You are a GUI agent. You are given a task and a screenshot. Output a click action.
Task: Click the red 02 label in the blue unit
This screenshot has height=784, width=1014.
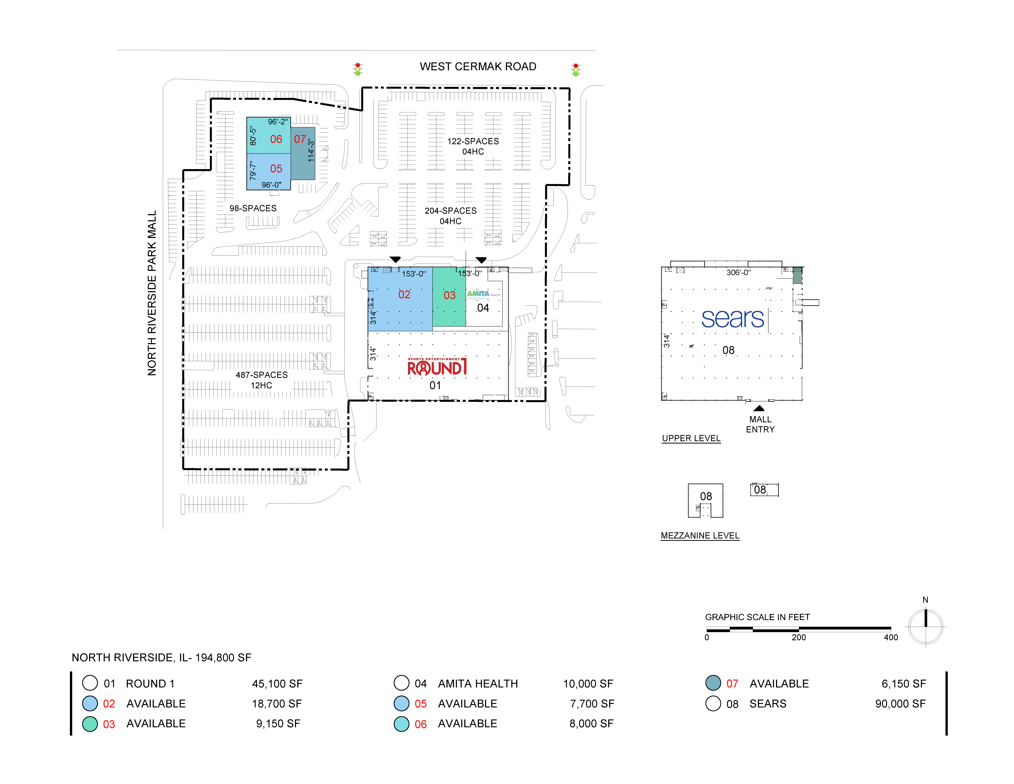[404, 295]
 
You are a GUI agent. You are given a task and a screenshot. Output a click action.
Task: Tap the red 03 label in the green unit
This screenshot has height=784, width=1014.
[449, 295]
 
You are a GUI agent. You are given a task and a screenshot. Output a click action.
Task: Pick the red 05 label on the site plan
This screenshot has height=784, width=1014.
[276, 169]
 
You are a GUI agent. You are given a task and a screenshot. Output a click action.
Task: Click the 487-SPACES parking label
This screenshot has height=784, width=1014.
[261, 375]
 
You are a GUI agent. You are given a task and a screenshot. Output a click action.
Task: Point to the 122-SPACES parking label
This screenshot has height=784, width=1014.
[473, 141]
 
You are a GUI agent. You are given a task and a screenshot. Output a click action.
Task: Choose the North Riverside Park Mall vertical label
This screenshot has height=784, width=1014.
[152, 293]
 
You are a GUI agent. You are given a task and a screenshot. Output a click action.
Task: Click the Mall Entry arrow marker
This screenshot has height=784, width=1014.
[759, 408]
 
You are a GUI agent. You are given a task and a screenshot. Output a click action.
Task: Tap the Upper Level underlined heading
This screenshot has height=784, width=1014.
[691, 438]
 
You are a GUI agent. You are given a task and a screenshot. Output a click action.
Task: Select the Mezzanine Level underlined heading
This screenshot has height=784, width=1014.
[700, 536]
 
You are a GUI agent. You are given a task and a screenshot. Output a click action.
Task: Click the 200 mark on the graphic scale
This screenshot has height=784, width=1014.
[799, 637]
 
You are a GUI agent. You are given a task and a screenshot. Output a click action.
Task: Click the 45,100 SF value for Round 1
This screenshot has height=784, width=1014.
[277, 684]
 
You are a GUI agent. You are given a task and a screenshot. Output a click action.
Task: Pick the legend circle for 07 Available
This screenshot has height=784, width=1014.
[713, 683]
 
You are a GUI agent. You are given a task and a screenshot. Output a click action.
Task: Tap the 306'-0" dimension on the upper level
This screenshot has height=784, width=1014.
[738, 273]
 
